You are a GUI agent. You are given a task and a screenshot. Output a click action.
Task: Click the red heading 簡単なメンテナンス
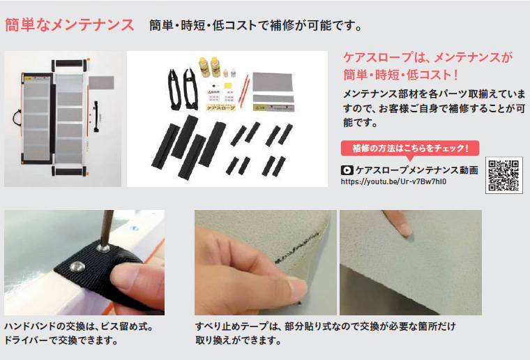[x=70, y=25]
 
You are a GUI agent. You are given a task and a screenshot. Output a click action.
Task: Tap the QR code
[x=503, y=175]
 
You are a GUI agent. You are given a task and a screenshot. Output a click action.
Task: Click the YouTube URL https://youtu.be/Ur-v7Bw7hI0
[x=393, y=181]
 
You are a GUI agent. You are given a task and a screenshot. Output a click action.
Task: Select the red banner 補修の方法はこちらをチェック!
[x=410, y=148]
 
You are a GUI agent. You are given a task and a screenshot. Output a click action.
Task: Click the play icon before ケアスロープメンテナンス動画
[x=347, y=170]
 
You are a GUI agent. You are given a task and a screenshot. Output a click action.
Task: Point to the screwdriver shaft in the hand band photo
[x=107, y=228]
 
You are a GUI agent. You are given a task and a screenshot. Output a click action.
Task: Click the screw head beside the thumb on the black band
[x=77, y=266]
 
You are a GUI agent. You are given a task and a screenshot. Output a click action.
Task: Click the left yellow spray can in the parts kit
[x=204, y=66]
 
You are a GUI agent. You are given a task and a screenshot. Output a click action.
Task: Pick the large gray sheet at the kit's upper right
[x=273, y=82]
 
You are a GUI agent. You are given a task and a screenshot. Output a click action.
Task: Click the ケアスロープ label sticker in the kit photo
[x=221, y=108]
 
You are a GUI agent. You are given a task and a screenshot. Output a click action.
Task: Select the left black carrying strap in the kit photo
[x=174, y=89]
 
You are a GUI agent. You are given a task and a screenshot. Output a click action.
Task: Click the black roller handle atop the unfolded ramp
[x=68, y=64]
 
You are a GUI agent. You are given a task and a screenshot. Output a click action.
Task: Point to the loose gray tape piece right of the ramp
[x=101, y=83]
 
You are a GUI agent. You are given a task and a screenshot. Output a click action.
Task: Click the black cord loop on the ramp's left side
[x=17, y=118]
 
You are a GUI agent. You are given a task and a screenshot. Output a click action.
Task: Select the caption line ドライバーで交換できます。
[x=61, y=340]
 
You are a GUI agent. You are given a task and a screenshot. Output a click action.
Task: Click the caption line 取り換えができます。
[x=238, y=340]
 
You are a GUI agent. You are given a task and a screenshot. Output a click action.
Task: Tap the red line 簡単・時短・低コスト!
[x=401, y=75]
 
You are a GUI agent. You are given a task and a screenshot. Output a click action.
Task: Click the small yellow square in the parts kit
[x=229, y=85]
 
